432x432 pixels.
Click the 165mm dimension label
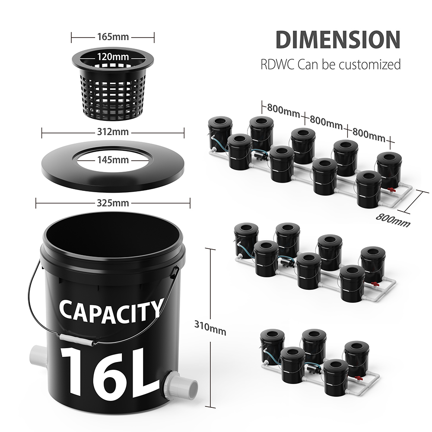pos(113,37)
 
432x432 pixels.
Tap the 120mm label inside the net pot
pos(113,56)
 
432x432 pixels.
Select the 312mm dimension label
pos(113,132)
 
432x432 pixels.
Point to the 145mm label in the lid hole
pos(113,160)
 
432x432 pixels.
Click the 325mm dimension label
pos(113,203)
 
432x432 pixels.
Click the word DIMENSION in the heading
pos(338,39)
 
